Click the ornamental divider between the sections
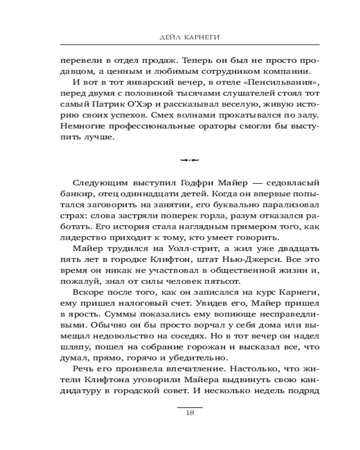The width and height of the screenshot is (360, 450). tap(189, 159)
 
